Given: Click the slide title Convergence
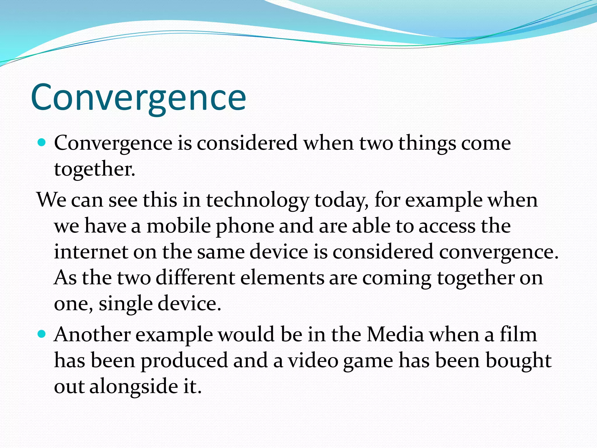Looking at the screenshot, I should [138, 98].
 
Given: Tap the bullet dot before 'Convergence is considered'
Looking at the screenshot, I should [42, 143].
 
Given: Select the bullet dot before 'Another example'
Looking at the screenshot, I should [42, 334].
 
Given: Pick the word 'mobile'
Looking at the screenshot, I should [178, 226].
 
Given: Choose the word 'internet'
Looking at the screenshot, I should [91, 252].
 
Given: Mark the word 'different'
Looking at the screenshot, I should [195, 277].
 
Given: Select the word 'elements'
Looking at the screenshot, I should [282, 277].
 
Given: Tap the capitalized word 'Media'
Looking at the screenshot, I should [395, 334].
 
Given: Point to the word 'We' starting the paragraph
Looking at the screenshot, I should [51, 200].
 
